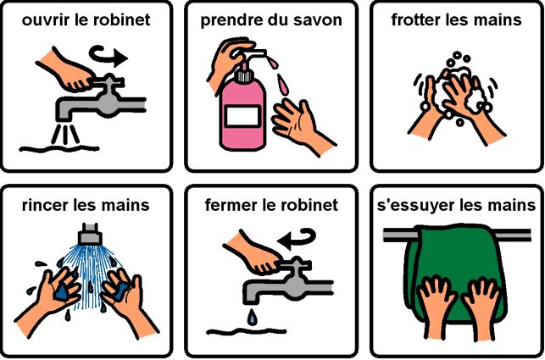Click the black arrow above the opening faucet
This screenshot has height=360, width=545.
[x=108, y=56]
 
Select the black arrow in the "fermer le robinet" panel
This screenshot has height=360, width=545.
[x=297, y=238]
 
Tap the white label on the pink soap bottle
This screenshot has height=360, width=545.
[x=242, y=116]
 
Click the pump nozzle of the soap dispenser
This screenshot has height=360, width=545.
[x=253, y=54]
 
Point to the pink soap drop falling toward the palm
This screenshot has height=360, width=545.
[x=282, y=86]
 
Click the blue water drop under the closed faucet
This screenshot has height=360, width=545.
[x=251, y=318]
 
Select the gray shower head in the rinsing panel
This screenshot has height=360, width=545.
[x=90, y=234]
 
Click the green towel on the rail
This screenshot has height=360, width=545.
[x=454, y=264]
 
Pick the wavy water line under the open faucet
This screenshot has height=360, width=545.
[x=59, y=149]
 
